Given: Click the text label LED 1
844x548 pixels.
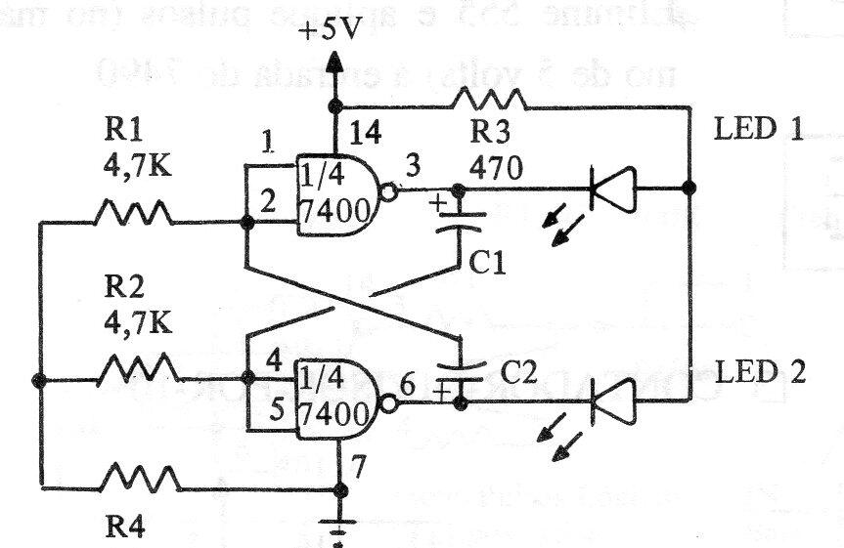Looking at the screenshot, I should [x=759, y=130].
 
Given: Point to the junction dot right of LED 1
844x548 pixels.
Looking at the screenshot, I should [x=689, y=186].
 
